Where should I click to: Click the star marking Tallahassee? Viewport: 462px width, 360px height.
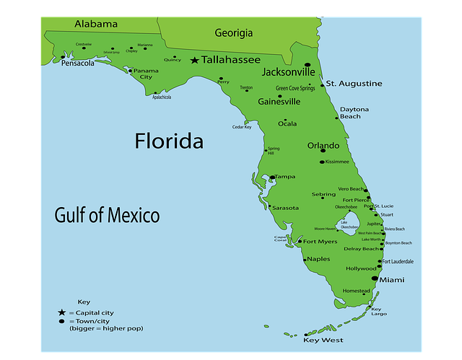(194, 61)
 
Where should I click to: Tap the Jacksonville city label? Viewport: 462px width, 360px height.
(288, 72)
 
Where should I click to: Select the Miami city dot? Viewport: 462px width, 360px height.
(375, 278)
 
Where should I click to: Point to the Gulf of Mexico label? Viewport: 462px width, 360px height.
(107, 214)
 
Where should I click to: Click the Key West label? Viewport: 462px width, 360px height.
(323, 340)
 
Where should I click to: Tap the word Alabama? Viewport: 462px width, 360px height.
(95, 24)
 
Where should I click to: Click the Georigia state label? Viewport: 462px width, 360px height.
(233, 32)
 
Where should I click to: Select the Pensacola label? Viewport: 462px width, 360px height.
(78, 63)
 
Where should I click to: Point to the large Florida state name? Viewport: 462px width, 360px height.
(169, 141)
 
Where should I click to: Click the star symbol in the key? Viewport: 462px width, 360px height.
(62, 312)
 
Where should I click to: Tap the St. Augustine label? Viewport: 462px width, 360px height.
(354, 84)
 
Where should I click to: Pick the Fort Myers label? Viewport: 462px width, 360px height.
(320, 242)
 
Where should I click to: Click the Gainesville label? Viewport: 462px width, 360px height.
(279, 102)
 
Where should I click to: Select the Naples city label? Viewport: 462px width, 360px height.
(318, 259)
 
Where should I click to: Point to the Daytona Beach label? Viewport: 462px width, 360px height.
(350, 113)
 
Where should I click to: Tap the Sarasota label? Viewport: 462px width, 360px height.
(285, 208)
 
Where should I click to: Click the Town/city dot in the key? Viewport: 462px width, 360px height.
(62, 320)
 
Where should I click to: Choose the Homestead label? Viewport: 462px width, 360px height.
(356, 291)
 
